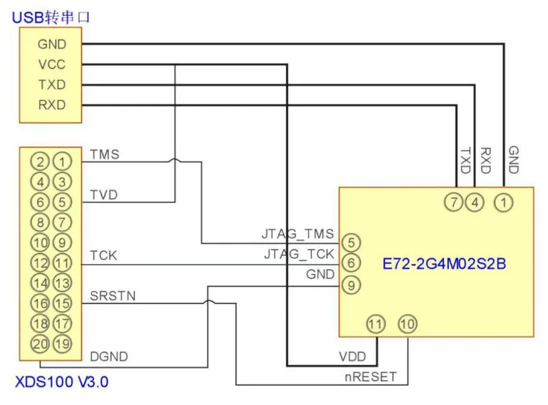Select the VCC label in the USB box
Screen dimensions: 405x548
coord(51,65)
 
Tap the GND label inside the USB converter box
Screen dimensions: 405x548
coord(51,45)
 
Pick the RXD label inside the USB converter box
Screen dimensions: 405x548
coord(51,105)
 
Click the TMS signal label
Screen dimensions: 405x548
coord(104,154)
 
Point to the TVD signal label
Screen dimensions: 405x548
coord(104,195)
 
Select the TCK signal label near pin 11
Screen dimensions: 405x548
coord(103,256)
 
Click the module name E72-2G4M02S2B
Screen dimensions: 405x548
coord(444,264)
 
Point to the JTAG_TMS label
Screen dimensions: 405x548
coord(297,235)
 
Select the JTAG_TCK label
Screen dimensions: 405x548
coord(298,255)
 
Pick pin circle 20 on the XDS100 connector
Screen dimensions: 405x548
coord(41,344)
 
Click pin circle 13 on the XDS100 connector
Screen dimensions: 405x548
coord(61,283)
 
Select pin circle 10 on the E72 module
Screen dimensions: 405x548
coord(408,324)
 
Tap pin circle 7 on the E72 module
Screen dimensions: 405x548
coord(453,202)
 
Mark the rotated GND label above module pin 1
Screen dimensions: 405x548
coord(513,160)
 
